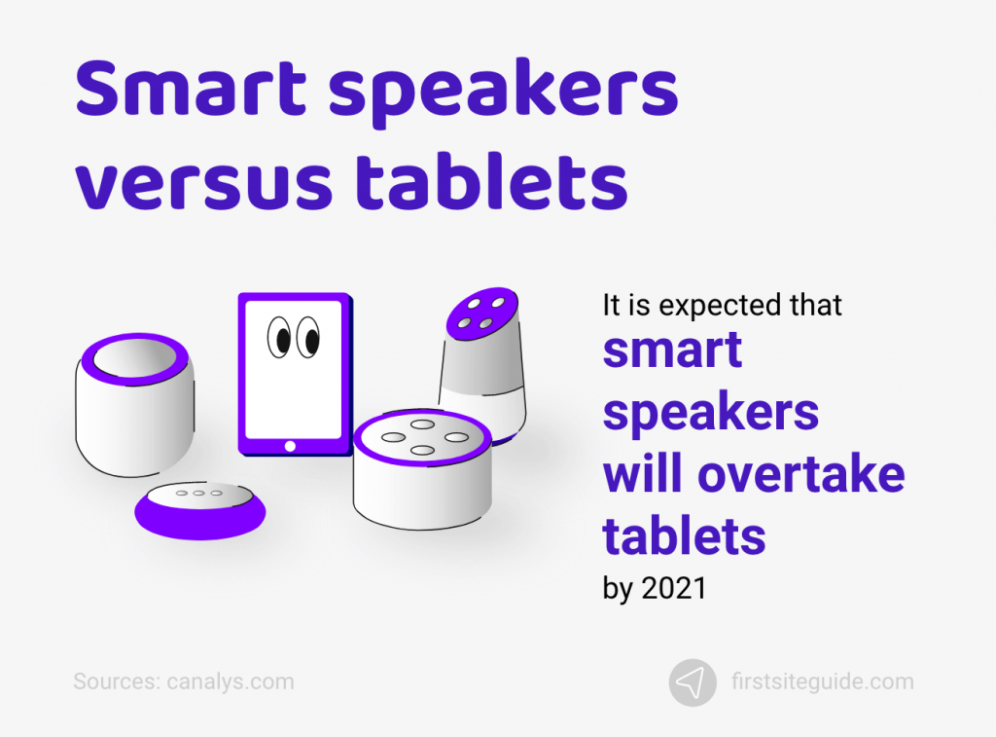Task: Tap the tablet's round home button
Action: (x=289, y=446)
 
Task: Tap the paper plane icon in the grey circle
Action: (x=693, y=682)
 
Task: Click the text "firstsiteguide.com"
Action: (x=822, y=682)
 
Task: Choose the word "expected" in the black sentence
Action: (x=718, y=305)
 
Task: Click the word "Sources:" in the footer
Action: (x=114, y=682)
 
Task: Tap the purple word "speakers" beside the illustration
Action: (x=710, y=414)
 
